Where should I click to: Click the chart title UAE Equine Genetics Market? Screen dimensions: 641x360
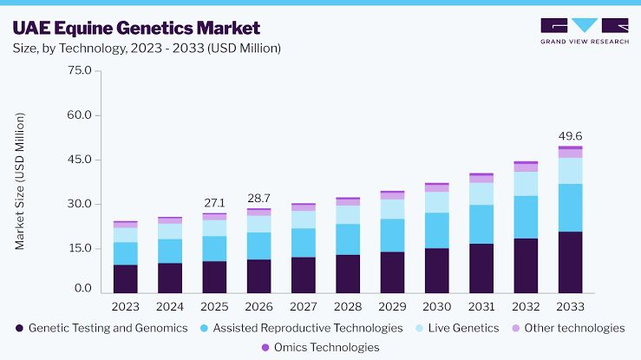click(136, 29)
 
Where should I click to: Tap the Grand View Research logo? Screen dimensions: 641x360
click(585, 31)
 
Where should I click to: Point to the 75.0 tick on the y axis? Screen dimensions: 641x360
click(80, 70)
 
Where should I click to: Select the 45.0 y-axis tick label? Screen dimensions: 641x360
click(80, 160)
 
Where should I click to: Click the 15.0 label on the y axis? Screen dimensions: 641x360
click(80, 248)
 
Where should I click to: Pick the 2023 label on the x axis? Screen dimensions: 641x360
click(126, 306)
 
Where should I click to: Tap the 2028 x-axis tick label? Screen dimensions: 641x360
click(348, 306)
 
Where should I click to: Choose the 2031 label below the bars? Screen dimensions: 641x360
click(481, 306)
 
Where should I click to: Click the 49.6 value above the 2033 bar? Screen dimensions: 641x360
click(570, 136)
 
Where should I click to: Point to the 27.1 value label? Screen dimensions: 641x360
click(214, 203)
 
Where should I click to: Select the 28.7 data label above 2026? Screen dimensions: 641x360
click(258, 198)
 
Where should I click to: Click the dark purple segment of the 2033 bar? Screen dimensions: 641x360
click(570, 262)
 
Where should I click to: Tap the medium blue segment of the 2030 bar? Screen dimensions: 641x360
click(436, 231)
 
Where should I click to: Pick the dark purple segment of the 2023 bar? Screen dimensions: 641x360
click(126, 279)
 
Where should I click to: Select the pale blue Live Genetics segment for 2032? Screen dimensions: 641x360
click(526, 184)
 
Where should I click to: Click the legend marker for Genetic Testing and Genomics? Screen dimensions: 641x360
click(19, 328)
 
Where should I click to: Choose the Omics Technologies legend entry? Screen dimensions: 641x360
click(320, 347)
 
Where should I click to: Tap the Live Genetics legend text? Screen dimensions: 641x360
click(463, 328)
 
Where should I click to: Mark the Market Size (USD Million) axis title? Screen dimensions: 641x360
click(20, 181)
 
